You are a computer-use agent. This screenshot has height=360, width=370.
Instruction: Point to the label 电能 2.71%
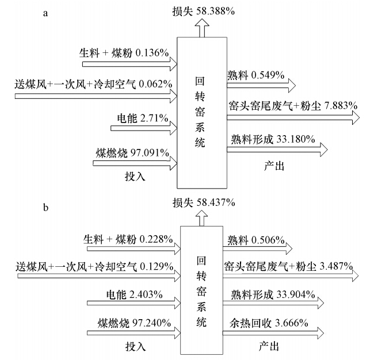[x=142, y=119]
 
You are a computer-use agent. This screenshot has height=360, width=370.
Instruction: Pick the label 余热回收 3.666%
[x=272, y=324]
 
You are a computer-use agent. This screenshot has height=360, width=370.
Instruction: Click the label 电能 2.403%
[x=135, y=294]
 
